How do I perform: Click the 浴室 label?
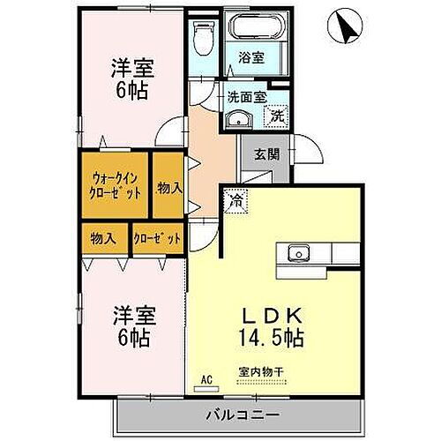[250, 58]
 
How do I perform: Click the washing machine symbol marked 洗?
[276, 115]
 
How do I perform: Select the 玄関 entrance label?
[267, 153]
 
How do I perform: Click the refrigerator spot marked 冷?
[235, 201]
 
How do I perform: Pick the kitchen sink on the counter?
[298, 254]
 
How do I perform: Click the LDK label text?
[273, 314]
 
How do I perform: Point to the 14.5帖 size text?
[273, 335]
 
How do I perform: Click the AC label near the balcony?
[208, 380]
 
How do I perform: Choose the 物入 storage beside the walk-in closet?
[169, 187]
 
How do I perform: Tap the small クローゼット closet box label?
[158, 237]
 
